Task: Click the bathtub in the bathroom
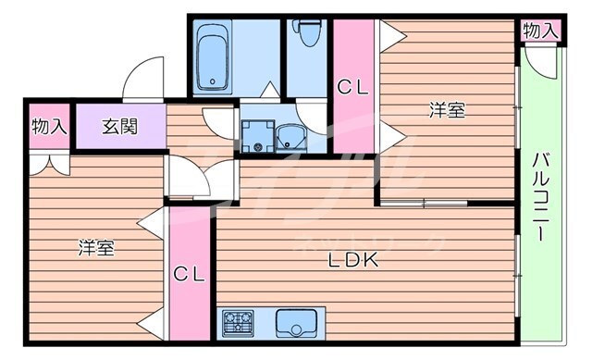(x=216, y=56)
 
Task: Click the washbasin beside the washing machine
(x=294, y=138)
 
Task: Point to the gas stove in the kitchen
(x=239, y=324)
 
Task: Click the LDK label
(x=355, y=261)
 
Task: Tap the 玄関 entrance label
(x=120, y=126)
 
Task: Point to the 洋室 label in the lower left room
(x=95, y=248)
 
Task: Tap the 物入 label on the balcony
(x=540, y=31)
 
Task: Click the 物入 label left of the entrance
(x=48, y=126)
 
